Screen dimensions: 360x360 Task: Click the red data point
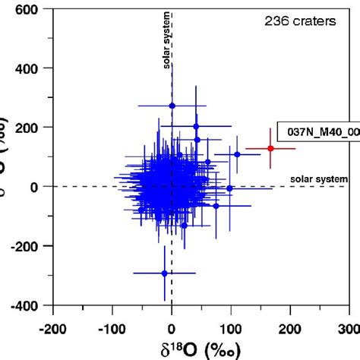tap(270, 148)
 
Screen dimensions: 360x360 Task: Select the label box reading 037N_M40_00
tap(317, 131)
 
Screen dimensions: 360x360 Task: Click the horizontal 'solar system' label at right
tap(319, 179)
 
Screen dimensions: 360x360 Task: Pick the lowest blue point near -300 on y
tap(165, 273)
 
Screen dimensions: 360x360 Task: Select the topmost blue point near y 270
tap(172, 106)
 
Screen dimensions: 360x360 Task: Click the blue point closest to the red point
tap(237, 154)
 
